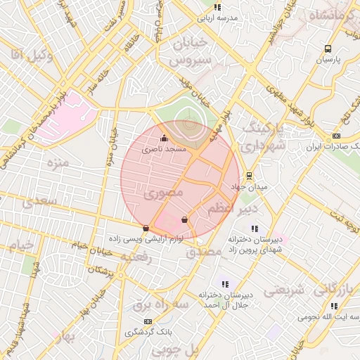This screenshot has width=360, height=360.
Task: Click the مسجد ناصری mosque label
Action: click(165, 150)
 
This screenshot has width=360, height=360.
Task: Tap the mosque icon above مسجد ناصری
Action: click(165, 139)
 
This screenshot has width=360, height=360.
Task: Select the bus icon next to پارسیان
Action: click(328, 49)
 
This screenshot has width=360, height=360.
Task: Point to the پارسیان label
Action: click(327, 60)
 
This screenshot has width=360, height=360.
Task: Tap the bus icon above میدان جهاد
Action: click(248, 176)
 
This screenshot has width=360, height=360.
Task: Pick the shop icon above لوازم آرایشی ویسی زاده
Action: click(146, 228)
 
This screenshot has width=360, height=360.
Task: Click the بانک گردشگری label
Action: click(148, 333)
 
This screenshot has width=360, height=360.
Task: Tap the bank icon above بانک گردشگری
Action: click(148, 321)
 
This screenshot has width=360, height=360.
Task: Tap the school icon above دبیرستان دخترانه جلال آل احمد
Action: click(225, 284)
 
